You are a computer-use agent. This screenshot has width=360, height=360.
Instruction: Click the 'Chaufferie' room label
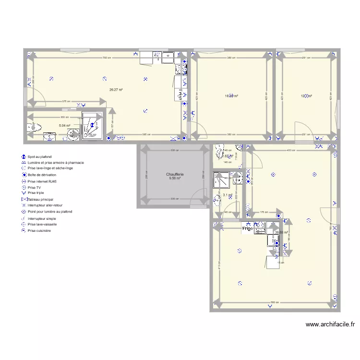coord(175,174)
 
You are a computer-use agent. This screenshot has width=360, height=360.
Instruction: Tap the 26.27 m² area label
coord(116,90)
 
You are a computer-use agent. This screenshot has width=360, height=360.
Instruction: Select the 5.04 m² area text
coord(64,126)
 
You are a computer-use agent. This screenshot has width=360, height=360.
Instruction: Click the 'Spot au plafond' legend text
coord(39,157)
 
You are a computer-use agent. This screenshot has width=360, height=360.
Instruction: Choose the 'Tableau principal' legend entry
coord(40,199)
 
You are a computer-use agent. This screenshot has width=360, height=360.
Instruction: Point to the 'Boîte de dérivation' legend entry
coord(43,175)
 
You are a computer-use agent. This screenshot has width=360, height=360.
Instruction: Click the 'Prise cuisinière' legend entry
coord(39,230)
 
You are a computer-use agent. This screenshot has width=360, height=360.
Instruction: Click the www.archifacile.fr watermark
coord(330,324)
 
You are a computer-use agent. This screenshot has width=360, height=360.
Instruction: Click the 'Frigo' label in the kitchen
coord(248,229)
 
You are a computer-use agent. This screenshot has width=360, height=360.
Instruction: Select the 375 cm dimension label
coord(66,101)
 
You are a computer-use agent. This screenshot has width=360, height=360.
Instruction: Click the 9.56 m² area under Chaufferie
coord(175,179)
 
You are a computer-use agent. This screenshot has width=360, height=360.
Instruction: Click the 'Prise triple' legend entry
coord(36,193)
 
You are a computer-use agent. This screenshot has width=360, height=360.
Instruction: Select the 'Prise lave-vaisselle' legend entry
coord(42,224)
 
